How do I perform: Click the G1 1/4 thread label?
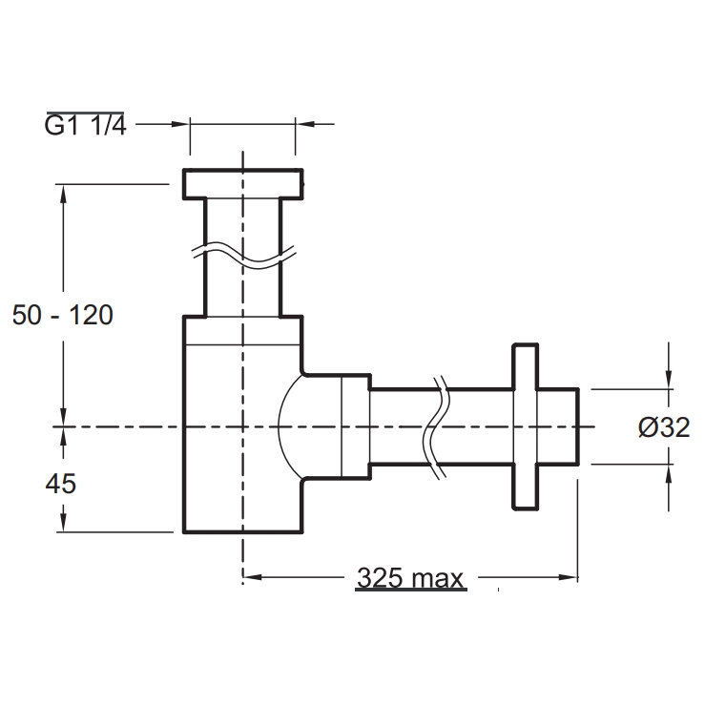point(85,126)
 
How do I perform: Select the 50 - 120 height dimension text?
point(63,314)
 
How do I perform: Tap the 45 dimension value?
point(60,483)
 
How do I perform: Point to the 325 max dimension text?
point(410,578)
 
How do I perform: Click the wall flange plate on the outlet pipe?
point(525,426)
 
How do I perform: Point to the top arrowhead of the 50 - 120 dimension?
point(64,191)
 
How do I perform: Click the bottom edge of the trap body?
point(242,530)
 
